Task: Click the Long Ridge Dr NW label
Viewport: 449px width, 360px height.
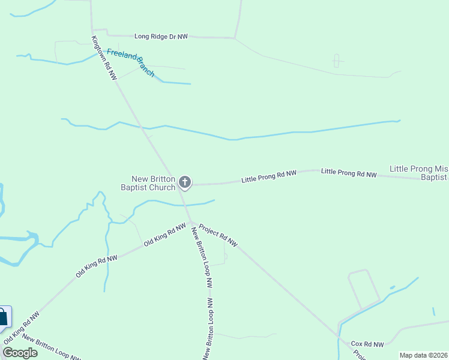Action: pos(161,37)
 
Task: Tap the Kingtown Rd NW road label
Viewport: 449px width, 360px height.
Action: pos(104,58)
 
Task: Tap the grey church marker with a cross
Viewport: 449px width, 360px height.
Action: pos(185,182)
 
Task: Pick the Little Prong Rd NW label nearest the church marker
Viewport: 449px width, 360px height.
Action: pos(269,176)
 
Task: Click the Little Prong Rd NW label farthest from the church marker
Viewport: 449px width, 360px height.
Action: pos(349,173)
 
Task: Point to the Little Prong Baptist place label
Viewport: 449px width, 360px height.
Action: pos(419,173)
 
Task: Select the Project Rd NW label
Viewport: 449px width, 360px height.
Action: pos(218,235)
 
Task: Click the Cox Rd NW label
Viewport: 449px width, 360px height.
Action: pos(367,344)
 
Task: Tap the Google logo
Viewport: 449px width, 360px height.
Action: pos(20,352)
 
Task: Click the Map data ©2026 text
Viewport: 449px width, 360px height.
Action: pos(423,355)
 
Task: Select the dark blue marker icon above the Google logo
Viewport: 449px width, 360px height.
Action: pos(2,317)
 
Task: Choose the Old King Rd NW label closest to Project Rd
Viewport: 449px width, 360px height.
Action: pos(165,235)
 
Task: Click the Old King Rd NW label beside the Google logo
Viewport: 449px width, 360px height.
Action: pos(22,328)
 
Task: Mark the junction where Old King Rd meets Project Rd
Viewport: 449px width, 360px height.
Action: pos(192,222)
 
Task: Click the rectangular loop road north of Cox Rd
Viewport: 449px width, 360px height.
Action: pos(363,287)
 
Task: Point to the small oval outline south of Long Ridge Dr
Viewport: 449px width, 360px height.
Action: pos(336,61)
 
